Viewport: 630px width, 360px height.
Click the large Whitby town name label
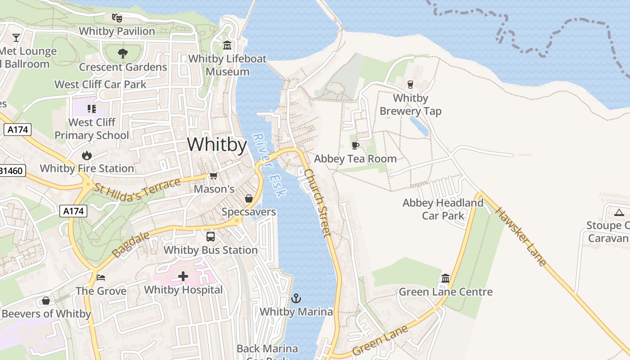(x=217, y=145)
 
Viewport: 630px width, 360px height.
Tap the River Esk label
(x=269, y=165)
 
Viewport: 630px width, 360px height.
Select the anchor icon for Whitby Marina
(x=296, y=298)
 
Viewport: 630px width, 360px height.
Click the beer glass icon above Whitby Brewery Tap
(x=410, y=84)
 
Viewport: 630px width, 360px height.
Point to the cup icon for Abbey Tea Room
(x=355, y=145)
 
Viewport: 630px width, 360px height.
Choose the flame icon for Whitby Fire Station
(x=86, y=155)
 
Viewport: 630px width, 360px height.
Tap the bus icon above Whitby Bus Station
(x=210, y=236)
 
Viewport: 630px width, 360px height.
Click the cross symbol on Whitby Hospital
(x=183, y=276)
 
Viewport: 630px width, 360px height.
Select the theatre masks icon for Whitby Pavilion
(x=117, y=18)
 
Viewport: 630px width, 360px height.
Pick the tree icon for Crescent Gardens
(x=122, y=54)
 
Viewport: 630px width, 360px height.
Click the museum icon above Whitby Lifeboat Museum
(x=227, y=45)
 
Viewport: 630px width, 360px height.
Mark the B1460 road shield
(x=13, y=171)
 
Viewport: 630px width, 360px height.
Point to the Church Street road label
(x=318, y=202)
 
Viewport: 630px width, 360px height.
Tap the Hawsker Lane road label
(x=521, y=236)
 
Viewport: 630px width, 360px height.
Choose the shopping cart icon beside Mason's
(x=213, y=176)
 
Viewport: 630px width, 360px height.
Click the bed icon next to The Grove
(x=101, y=277)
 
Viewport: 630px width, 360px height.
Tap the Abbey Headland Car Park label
(x=443, y=209)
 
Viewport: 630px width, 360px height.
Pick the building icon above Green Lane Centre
(x=445, y=278)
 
